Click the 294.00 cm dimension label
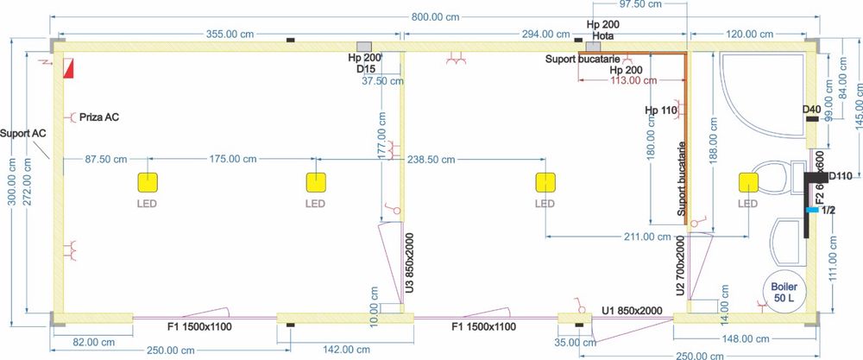click(x=540, y=35)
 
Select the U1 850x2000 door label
click(x=632, y=311)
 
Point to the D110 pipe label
click(x=840, y=177)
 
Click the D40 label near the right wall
click(x=810, y=110)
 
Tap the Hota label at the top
click(x=603, y=36)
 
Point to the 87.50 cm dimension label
click(x=100, y=160)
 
